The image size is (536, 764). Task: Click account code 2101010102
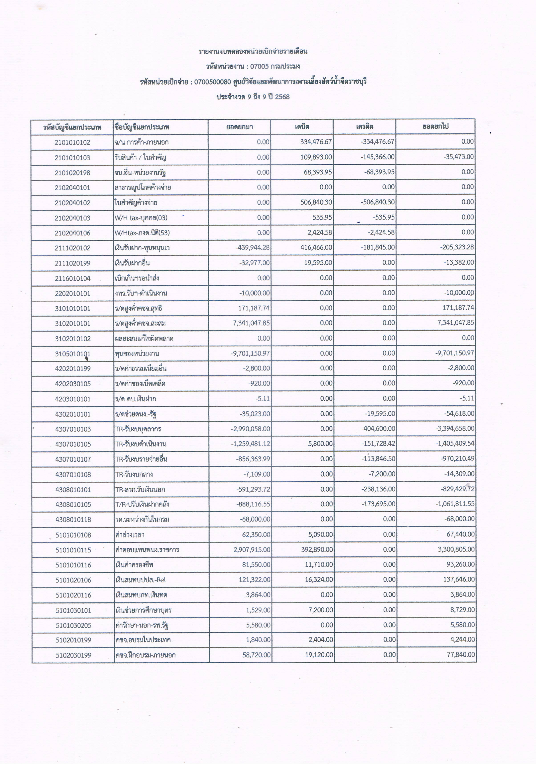[x=72, y=143]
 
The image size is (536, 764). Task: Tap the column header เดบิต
[x=302, y=127]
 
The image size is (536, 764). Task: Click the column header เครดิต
[x=364, y=127]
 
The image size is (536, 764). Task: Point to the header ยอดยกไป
[x=435, y=127]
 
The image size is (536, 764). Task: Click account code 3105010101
[x=73, y=354]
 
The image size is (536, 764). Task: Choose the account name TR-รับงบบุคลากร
[x=138, y=429]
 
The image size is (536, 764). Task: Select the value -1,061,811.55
[x=455, y=504]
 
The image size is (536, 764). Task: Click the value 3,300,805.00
[x=456, y=549]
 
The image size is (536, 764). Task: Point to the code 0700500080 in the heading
[x=212, y=82]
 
